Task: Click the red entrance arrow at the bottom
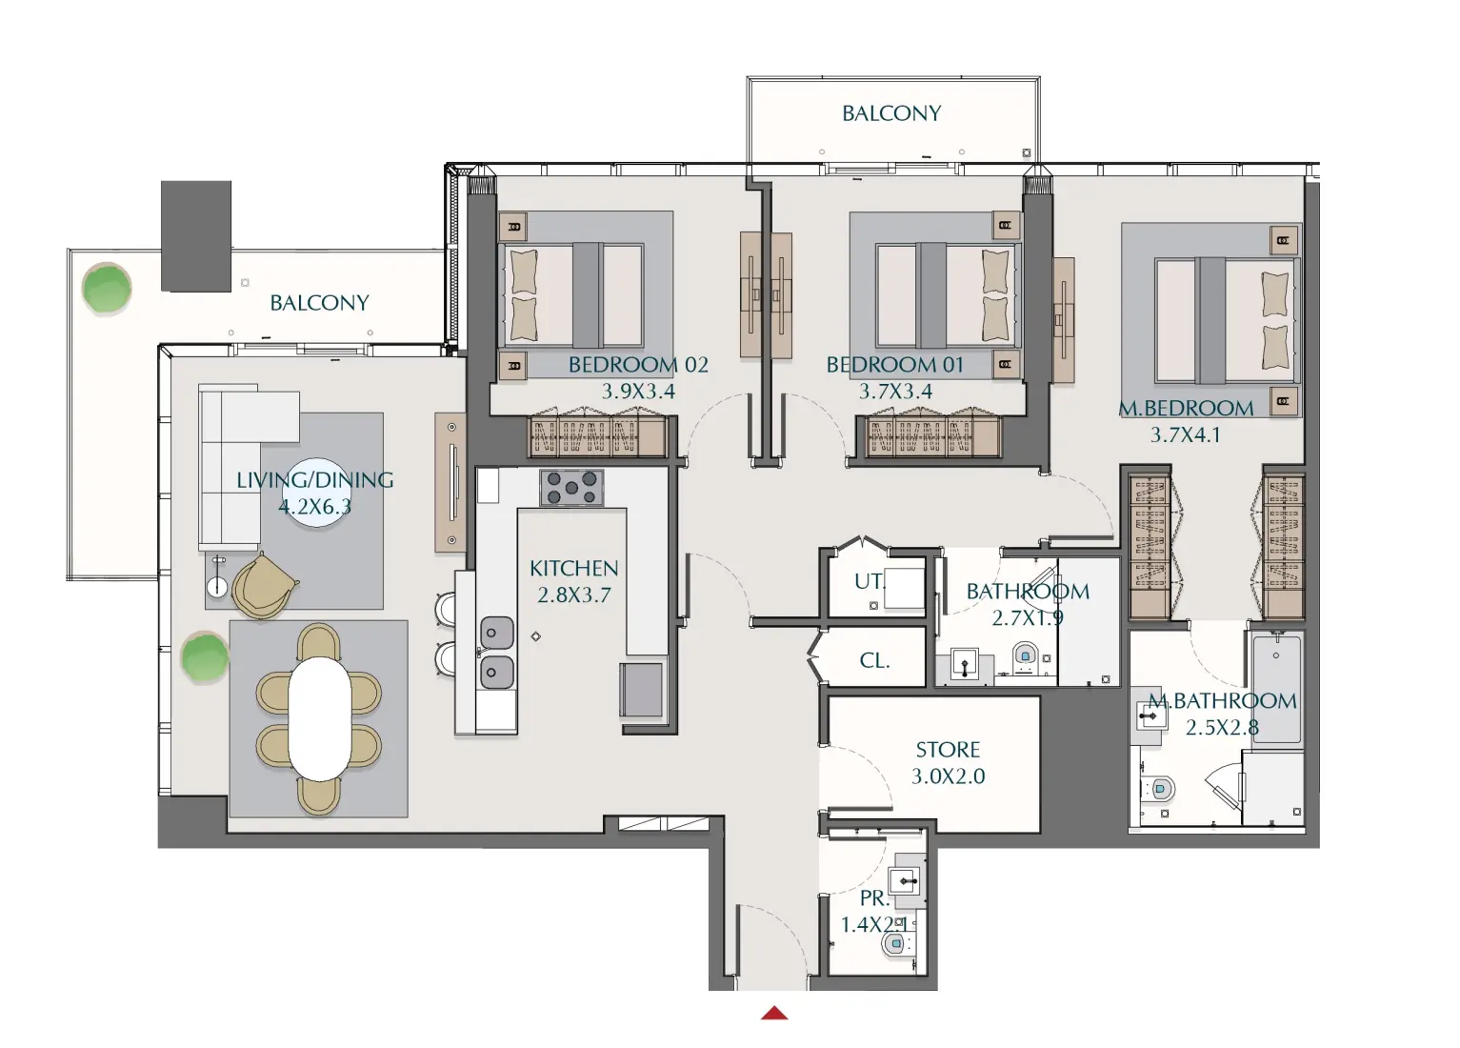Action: pyautogui.click(x=774, y=1013)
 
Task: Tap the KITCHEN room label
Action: pyautogui.click(x=573, y=569)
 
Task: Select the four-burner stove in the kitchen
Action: pyautogui.click(x=571, y=488)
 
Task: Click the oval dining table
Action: pyautogui.click(x=319, y=718)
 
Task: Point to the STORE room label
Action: pyautogui.click(x=948, y=750)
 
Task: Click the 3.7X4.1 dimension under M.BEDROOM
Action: pyautogui.click(x=1185, y=435)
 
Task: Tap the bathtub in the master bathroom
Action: pyautogui.click(x=1276, y=688)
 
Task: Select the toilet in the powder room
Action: pyautogui.click(x=895, y=944)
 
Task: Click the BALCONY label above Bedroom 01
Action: pyautogui.click(x=891, y=113)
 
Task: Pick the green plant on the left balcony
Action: pyautogui.click(x=107, y=288)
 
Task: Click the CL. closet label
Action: pyautogui.click(x=874, y=660)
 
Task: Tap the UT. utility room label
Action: pyautogui.click(x=868, y=581)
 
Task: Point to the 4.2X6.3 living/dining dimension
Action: pyautogui.click(x=314, y=507)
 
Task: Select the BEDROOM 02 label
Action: pyautogui.click(x=638, y=365)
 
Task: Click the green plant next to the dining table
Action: pyautogui.click(x=205, y=657)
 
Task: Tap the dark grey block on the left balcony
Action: pyautogui.click(x=196, y=235)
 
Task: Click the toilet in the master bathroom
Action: pyautogui.click(x=1159, y=789)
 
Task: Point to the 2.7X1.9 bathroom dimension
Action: pyautogui.click(x=1027, y=618)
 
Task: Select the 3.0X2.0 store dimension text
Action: pyautogui.click(x=948, y=776)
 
